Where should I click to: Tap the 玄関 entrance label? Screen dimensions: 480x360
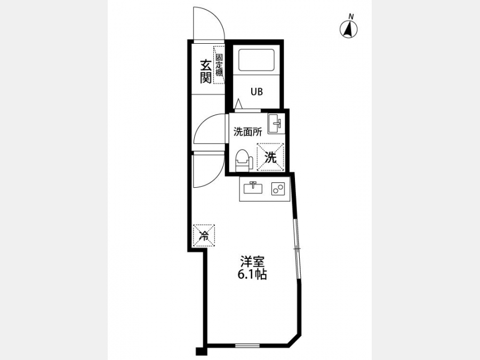(206, 71)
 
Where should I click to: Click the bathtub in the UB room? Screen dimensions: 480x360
(256, 60)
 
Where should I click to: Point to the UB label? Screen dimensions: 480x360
(257, 92)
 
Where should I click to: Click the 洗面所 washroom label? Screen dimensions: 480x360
(247, 132)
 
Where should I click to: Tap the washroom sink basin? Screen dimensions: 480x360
(276, 123)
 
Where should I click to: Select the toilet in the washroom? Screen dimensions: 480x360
(244, 160)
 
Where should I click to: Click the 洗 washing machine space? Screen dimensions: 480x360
(270, 157)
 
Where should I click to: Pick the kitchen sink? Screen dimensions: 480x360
(253, 187)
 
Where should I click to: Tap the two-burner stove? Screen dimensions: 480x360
(278, 189)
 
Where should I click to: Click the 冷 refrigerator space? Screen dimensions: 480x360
(204, 235)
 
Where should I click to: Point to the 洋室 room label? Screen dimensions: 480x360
(252, 262)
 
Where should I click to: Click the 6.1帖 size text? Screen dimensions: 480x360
(252, 275)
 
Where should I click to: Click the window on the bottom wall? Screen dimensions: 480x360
(247, 346)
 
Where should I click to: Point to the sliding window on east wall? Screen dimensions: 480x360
(297, 248)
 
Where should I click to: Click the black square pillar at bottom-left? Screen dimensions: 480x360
(199, 351)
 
